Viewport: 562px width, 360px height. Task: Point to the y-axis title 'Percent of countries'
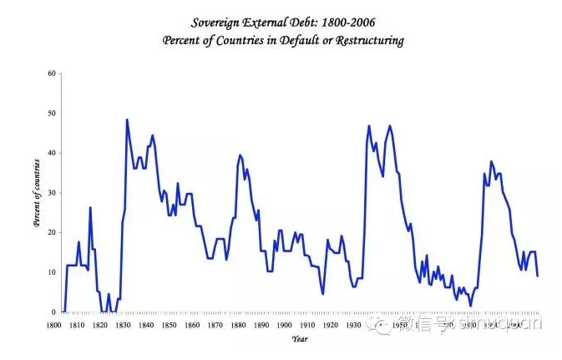click(37, 193)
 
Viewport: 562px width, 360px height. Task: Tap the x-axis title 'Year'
click(299, 338)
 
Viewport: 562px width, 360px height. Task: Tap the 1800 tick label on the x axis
click(53, 324)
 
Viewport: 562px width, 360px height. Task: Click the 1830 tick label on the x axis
click(123, 324)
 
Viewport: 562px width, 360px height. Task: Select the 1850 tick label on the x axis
click(170, 324)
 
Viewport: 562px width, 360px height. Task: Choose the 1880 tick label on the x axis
click(239, 324)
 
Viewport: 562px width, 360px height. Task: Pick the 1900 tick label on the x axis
click(285, 324)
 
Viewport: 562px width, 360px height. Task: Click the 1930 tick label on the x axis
click(354, 324)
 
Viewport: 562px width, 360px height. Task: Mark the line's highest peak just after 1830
click(127, 119)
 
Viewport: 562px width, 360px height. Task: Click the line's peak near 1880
click(240, 155)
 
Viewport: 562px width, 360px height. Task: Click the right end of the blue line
click(537, 276)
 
